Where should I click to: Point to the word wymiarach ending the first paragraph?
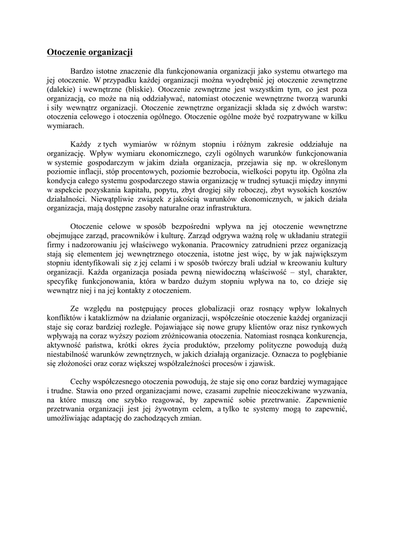[x=65, y=126]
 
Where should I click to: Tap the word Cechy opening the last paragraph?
[x=81, y=382]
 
